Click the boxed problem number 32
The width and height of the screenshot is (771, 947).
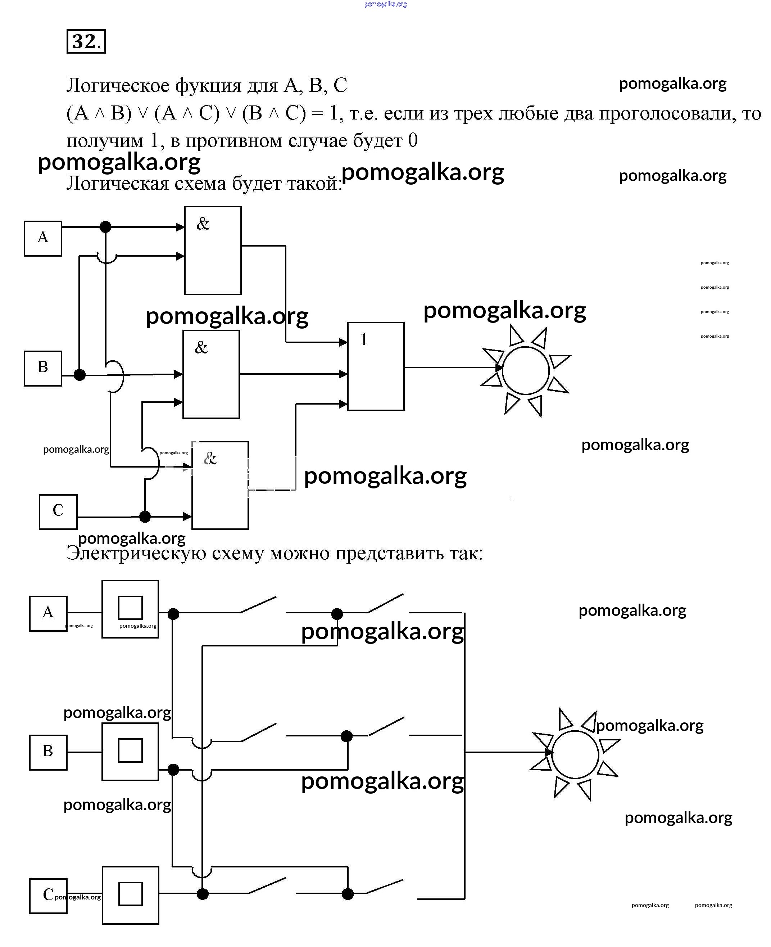(x=86, y=41)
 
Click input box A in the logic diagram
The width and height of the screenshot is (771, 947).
(x=43, y=238)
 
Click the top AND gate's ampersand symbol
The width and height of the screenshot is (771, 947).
(x=203, y=224)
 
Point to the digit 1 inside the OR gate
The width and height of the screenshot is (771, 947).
(x=364, y=340)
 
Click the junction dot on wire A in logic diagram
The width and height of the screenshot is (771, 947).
(x=105, y=227)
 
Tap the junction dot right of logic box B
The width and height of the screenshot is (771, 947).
(x=80, y=375)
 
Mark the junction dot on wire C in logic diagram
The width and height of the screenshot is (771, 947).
(x=145, y=517)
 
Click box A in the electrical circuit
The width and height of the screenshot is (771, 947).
(x=48, y=613)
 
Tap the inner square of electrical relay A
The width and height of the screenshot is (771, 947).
(x=130, y=608)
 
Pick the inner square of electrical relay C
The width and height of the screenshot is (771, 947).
(x=130, y=894)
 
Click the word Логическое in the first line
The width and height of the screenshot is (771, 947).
(x=118, y=85)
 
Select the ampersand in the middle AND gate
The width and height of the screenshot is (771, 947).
(x=201, y=347)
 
